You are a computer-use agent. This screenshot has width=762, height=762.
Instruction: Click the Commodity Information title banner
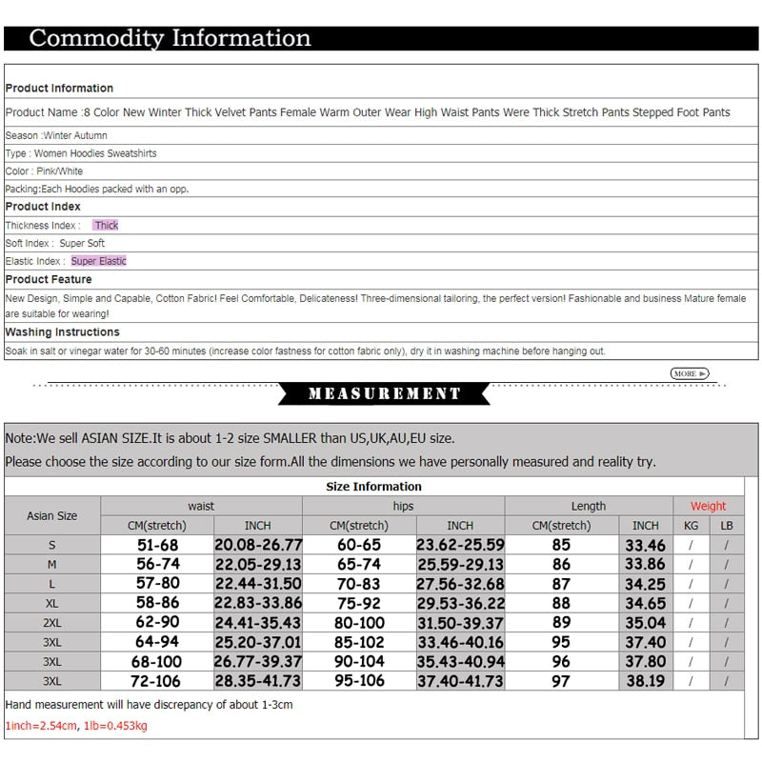tap(170, 38)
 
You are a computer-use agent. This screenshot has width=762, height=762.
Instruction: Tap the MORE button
tap(690, 373)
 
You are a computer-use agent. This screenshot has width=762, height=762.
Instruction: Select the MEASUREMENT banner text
tap(384, 393)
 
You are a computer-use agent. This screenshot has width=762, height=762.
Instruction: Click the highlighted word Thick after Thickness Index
tap(106, 226)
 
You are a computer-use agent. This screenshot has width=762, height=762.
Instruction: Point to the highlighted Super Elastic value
tap(98, 261)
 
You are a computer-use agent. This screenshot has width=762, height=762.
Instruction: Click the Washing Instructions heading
tap(63, 332)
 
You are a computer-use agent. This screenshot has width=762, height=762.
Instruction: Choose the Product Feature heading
tap(49, 279)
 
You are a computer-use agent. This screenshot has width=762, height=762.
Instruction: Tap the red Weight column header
tap(708, 506)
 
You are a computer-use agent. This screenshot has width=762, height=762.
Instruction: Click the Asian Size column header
tap(52, 515)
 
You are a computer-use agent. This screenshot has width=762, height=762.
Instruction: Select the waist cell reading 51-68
tap(157, 545)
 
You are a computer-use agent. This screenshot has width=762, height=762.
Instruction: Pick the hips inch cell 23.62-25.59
tap(460, 545)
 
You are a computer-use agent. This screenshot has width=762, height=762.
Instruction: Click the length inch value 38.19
tap(645, 681)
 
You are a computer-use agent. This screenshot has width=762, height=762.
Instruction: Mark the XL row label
tap(52, 604)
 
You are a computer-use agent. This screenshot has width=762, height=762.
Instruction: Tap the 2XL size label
tap(52, 623)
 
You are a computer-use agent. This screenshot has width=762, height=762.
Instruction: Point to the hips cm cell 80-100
tap(359, 623)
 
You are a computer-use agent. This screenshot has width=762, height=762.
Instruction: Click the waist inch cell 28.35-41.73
tap(257, 681)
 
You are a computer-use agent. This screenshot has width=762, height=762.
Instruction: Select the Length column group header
tap(588, 506)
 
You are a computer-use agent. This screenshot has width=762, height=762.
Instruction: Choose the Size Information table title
tap(373, 486)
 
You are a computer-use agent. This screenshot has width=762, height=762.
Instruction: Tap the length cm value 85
tap(561, 545)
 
